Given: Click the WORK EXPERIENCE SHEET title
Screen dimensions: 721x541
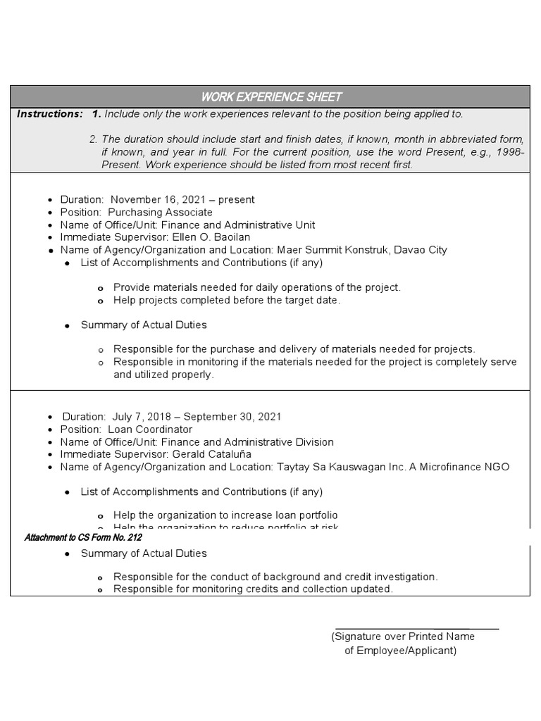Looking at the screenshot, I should click(271, 96).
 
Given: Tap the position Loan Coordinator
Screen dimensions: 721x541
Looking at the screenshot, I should click(150, 430).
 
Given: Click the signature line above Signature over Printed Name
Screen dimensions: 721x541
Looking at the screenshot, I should click(416, 628).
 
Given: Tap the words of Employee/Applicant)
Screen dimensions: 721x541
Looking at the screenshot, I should click(400, 651).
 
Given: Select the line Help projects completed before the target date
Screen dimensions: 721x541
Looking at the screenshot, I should click(227, 300).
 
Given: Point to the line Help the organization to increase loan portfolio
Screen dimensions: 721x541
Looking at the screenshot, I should click(225, 515).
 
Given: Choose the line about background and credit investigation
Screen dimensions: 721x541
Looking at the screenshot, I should click(275, 577).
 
